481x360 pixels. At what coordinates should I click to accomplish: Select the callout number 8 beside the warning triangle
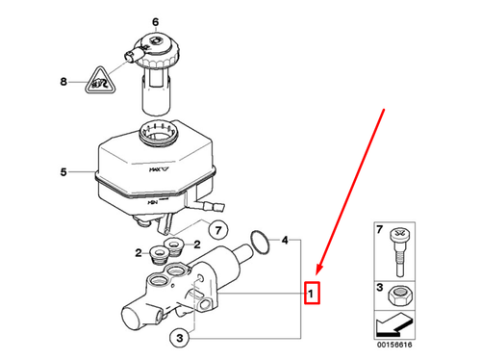[65, 82]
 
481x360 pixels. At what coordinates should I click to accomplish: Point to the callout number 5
[63, 173]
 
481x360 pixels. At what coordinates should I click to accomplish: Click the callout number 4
[285, 239]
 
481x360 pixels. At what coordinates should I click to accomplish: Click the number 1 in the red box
[312, 290]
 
